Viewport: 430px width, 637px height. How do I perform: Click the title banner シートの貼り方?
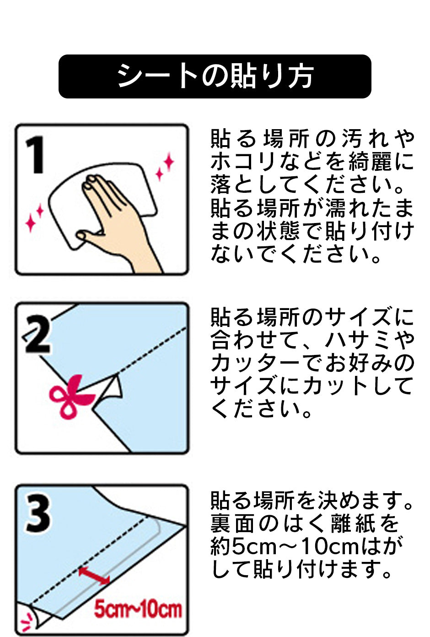click(215, 76)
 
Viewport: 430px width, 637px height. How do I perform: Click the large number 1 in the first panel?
click(35, 155)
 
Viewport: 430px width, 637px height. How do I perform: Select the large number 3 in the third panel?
click(38, 514)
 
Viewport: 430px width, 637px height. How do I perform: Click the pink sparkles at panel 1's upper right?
click(165, 167)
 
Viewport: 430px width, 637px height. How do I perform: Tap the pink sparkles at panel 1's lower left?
click(34, 217)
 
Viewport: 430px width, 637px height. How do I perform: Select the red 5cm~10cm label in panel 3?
click(138, 610)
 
